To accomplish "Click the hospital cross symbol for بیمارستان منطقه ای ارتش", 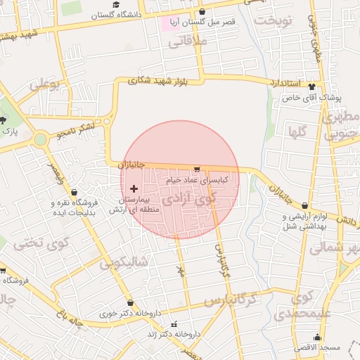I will [x=134, y=188].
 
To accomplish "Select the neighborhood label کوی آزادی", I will [x=190, y=200].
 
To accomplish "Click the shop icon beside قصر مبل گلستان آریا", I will [x=202, y=12].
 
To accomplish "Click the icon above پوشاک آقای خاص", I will [x=312, y=86].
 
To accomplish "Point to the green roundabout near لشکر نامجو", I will [x=41, y=139].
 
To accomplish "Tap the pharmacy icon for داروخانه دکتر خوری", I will [x=130, y=303].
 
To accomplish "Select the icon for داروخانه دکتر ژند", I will [x=174, y=324].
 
